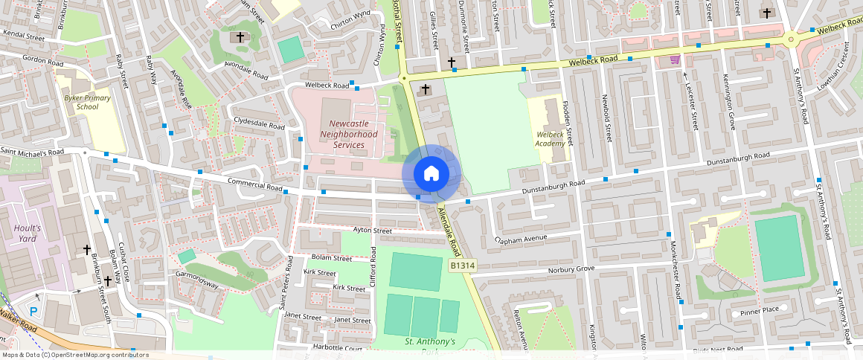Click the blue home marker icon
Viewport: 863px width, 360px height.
point(431,174)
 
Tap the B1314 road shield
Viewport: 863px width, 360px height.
point(462,266)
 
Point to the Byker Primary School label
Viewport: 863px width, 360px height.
point(87,102)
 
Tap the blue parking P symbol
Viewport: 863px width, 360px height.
point(33,311)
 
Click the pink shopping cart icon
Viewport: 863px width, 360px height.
point(675,60)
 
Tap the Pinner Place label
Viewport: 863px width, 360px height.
point(759,310)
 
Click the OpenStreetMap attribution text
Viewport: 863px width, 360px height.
point(75,355)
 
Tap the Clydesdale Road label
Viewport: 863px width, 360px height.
point(259,123)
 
